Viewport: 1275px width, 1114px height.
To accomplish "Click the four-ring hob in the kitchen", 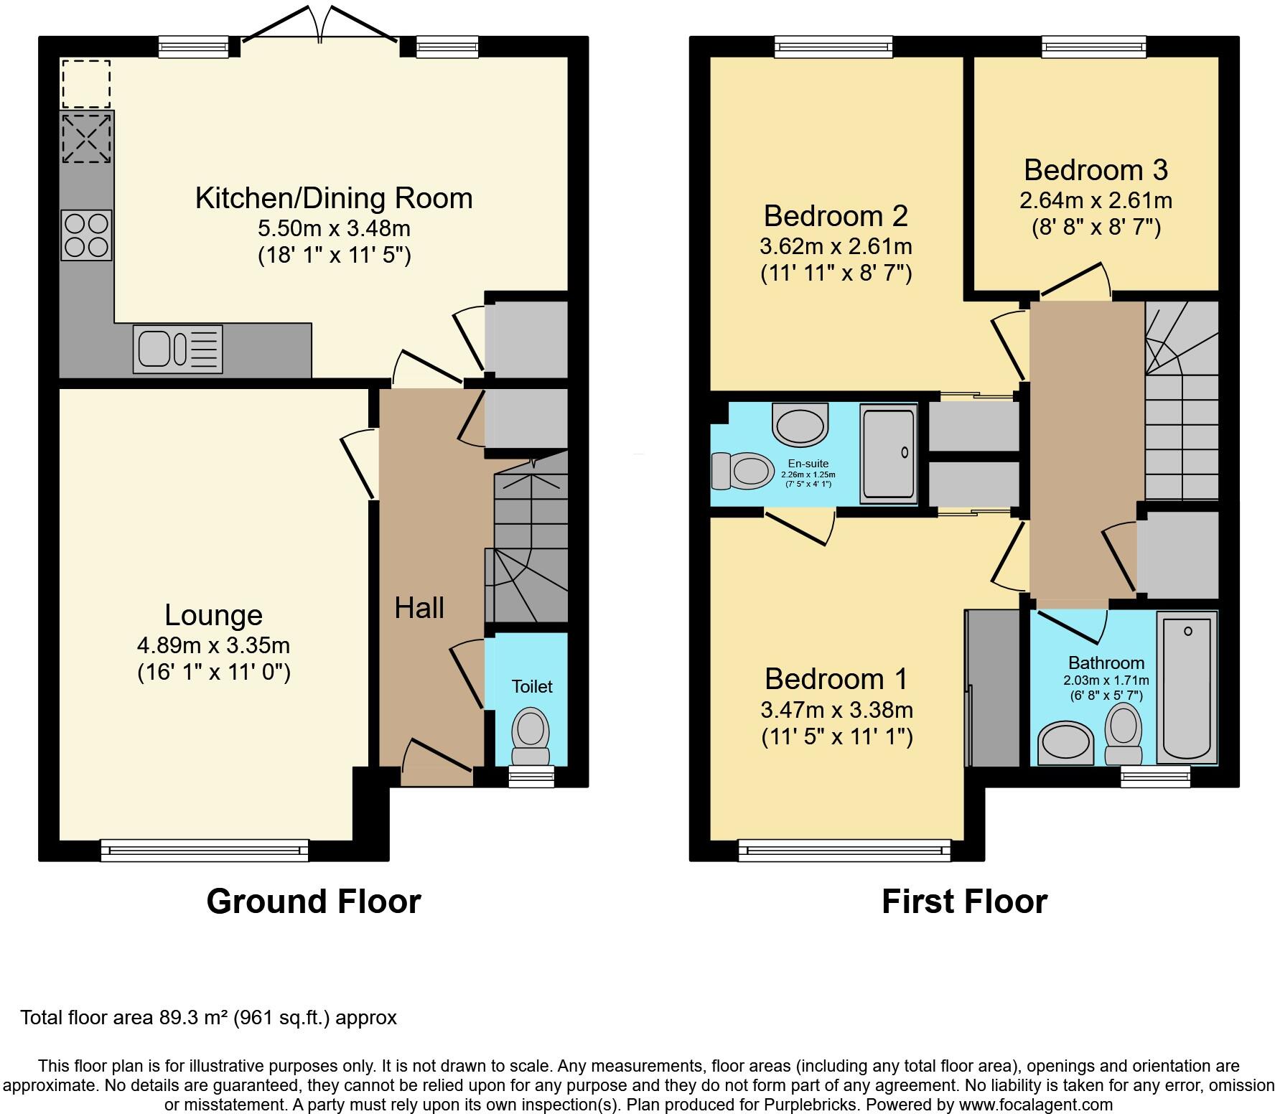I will [86, 235].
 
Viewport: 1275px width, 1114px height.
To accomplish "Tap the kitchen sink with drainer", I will [177, 350].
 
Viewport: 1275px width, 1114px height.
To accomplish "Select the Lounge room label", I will [213, 615].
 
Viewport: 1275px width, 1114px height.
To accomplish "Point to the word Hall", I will [419, 609].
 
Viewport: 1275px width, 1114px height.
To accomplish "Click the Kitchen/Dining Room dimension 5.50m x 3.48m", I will [334, 229].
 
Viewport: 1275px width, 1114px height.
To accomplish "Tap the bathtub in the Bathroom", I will [1187, 688].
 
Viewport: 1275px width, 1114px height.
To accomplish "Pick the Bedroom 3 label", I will [1096, 170].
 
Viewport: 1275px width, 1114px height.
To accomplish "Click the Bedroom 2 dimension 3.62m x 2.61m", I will [836, 246].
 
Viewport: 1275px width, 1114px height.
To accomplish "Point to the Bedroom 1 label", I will [836, 679].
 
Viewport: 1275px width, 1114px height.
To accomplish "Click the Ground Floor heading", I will [313, 902].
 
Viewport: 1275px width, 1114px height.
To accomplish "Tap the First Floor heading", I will [964, 902].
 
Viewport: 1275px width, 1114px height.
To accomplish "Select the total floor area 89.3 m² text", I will [208, 1018].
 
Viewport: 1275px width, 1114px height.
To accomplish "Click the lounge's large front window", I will [205, 851].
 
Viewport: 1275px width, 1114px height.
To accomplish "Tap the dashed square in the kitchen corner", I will [86, 84].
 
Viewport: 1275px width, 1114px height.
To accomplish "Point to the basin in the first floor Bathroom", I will [1066, 744].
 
